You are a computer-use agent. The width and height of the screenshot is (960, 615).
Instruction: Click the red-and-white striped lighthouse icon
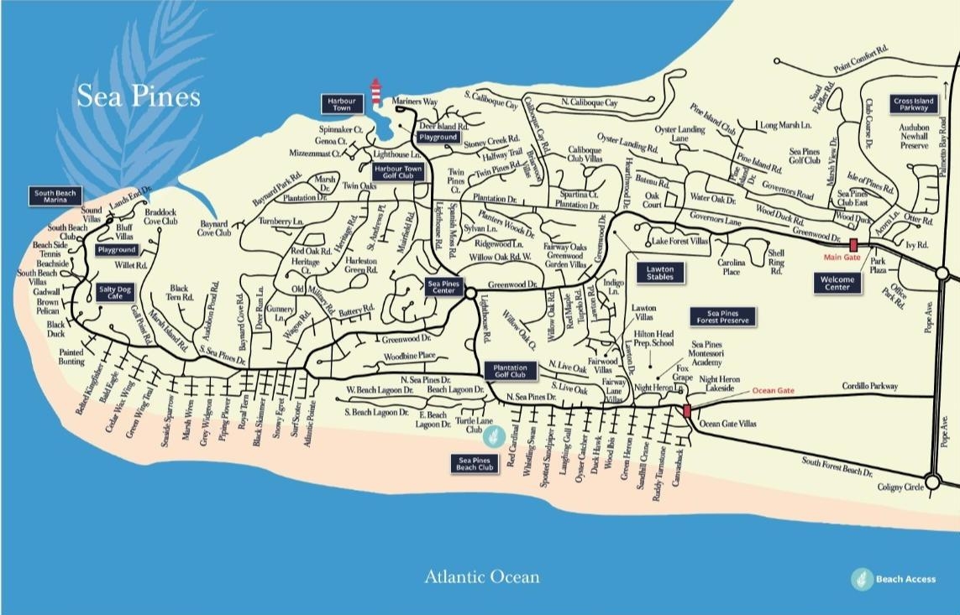click(x=377, y=91)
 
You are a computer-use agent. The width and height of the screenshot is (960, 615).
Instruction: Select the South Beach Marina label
click(x=55, y=197)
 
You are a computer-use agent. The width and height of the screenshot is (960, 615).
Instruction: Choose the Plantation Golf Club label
click(x=510, y=371)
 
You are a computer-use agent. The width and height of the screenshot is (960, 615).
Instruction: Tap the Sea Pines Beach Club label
click(x=475, y=463)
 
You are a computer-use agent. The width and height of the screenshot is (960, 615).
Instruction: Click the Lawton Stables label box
click(x=659, y=273)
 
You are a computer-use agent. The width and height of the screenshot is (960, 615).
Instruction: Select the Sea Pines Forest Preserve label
click(x=723, y=316)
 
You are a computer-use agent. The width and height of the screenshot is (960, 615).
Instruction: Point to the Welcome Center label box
click(x=837, y=283)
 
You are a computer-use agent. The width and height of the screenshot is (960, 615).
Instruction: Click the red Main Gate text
click(x=842, y=258)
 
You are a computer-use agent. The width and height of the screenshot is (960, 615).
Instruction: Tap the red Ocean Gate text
click(x=772, y=391)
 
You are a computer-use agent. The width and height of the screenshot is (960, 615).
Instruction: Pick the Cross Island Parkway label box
click(x=914, y=104)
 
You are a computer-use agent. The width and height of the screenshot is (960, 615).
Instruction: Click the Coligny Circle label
click(x=900, y=487)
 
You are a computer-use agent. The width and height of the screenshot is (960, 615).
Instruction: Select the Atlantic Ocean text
click(x=481, y=576)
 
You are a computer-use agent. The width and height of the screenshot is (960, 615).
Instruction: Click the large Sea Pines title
click(x=139, y=96)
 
